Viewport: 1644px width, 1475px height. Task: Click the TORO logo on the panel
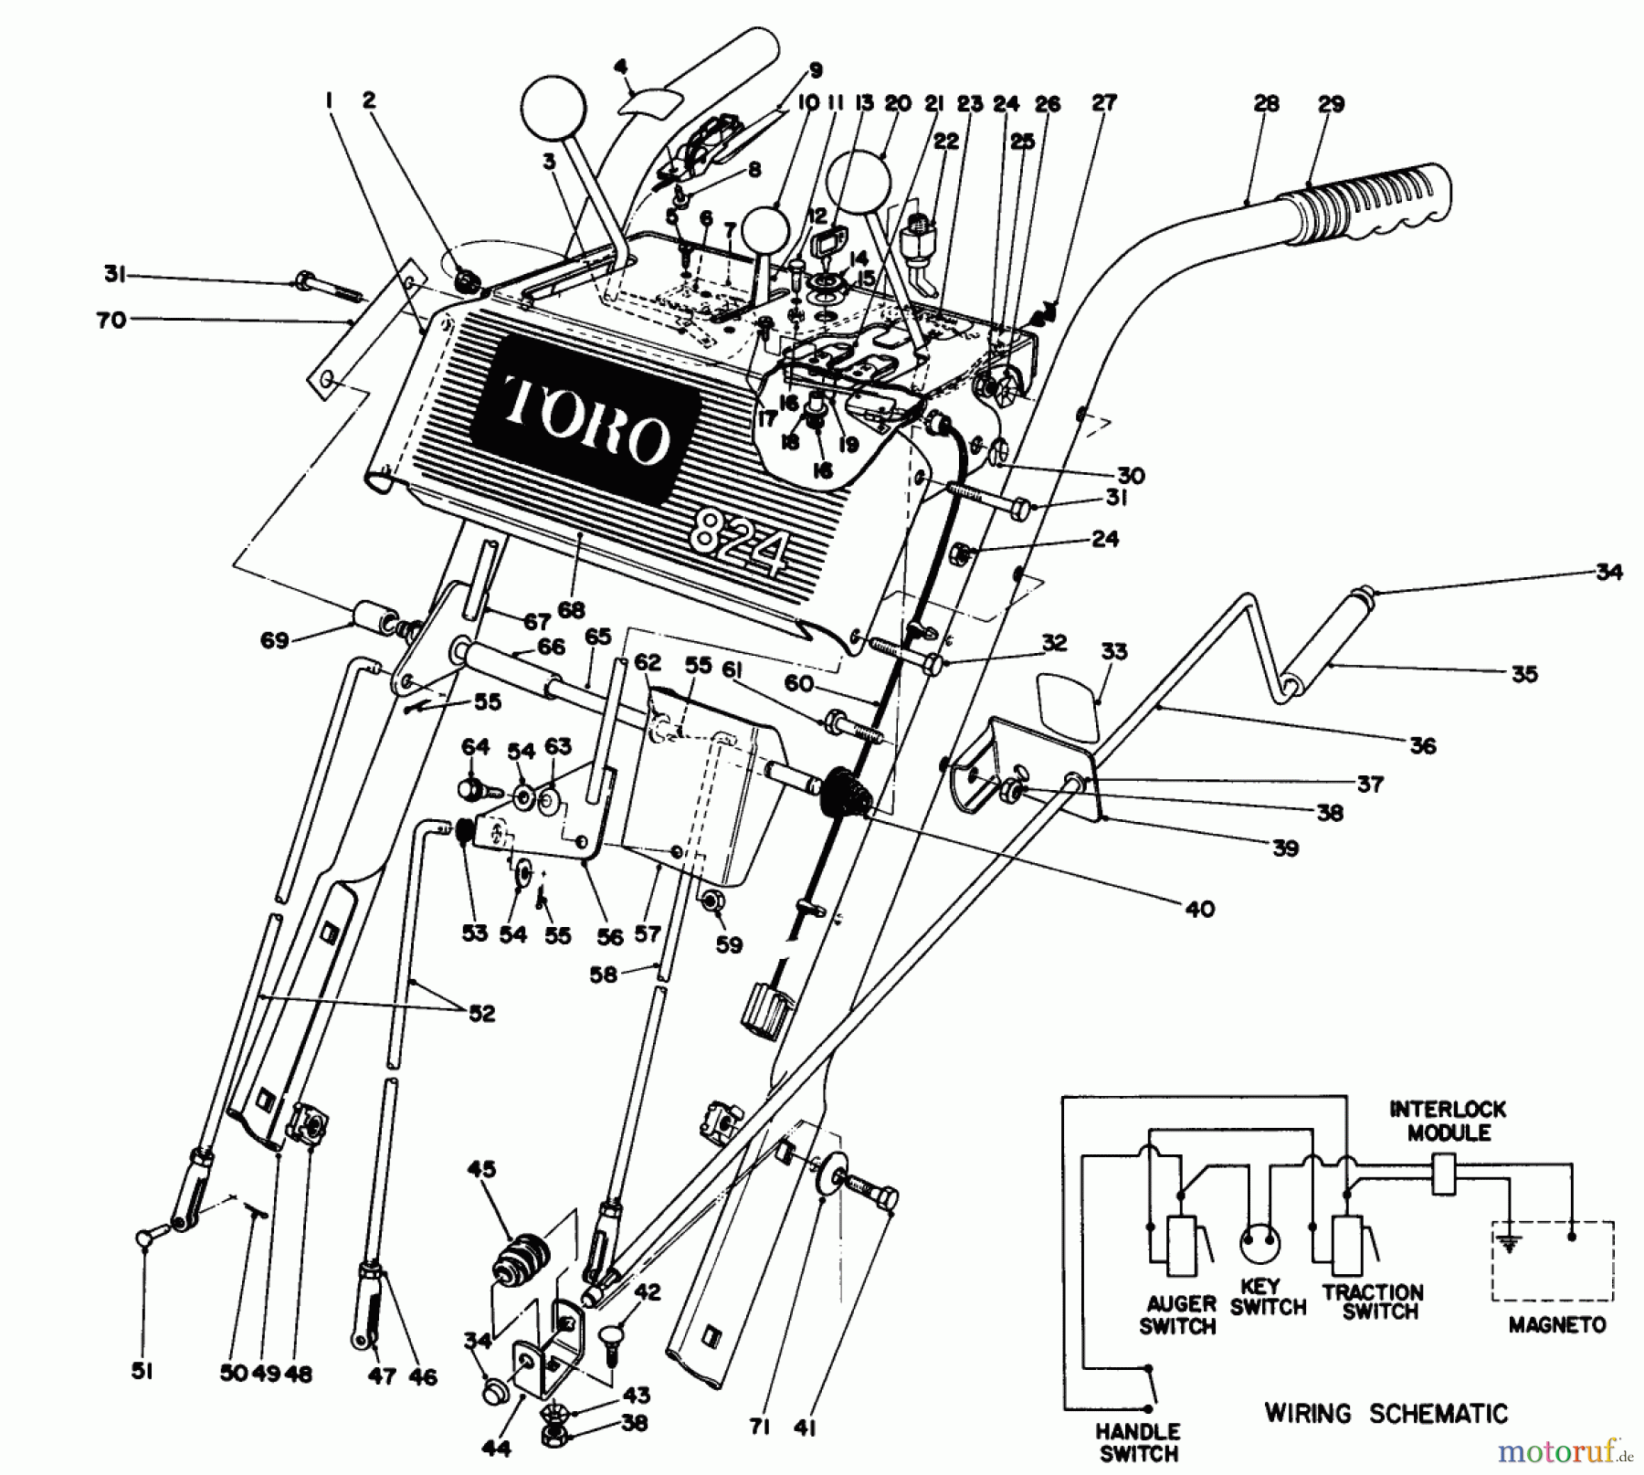[585, 417]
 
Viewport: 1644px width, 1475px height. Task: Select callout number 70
[111, 321]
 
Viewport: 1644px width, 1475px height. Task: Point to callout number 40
[1199, 909]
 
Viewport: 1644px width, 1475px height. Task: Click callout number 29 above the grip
[1331, 104]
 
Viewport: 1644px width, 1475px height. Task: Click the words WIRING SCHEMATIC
[1386, 1414]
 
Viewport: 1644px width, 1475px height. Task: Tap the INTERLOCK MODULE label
[1449, 1121]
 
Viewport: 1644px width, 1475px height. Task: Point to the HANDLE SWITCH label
[1139, 1442]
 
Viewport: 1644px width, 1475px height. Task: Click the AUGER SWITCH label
[1177, 1314]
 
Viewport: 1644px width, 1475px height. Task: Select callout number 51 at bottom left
[142, 1372]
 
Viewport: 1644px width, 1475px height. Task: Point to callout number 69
[274, 640]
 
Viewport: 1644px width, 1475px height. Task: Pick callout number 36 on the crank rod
[1423, 745]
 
